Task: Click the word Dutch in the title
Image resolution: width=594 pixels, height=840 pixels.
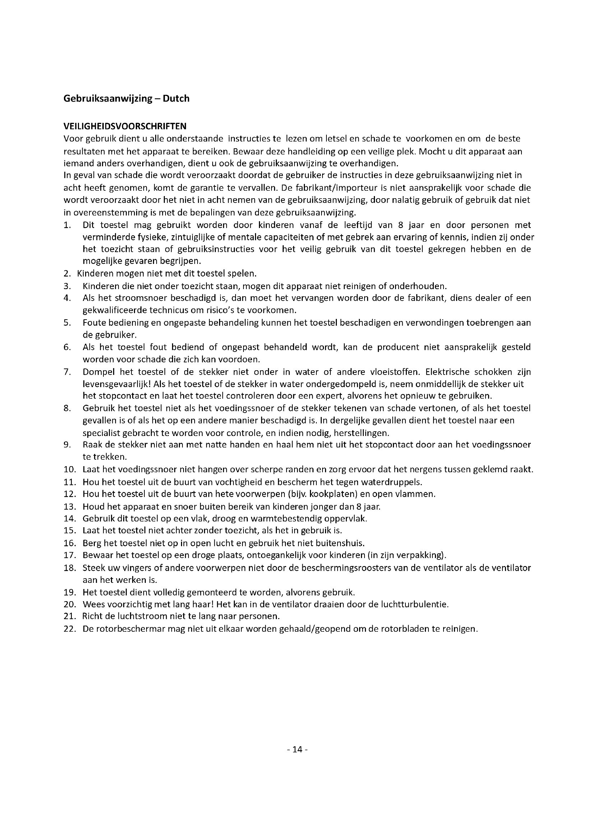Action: point(176,98)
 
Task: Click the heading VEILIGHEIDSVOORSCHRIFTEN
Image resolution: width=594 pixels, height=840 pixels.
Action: point(125,126)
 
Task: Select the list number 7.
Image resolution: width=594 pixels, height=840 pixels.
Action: point(67,372)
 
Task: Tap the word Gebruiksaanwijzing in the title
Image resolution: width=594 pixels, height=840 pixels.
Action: point(108,98)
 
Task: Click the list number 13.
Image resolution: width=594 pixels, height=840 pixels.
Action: point(70,506)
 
